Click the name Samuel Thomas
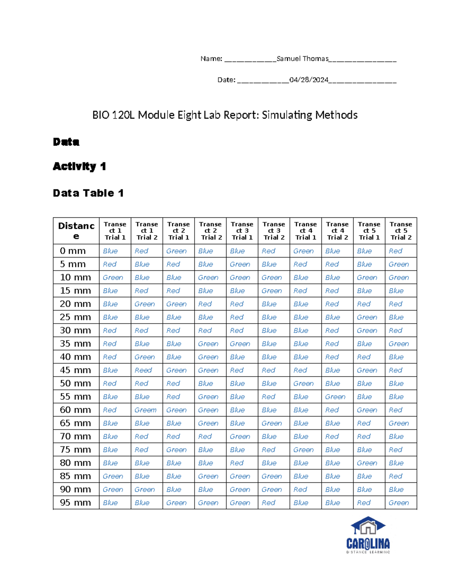(x=302, y=59)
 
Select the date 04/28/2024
(x=309, y=80)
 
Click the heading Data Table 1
(x=88, y=193)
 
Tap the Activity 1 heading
(x=79, y=166)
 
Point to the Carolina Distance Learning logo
(x=368, y=535)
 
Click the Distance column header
(x=76, y=230)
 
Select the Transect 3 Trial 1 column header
(x=242, y=230)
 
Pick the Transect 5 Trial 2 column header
(x=401, y=230)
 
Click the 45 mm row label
(x=75, y=370)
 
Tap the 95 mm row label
(x=75, y=503)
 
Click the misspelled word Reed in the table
(x=143, y=370)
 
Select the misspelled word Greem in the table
(x=145, y=410)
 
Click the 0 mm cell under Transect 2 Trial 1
(x=176, y=251)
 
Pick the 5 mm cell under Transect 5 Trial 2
(x=399, y=264)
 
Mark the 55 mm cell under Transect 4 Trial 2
(x=335, y=397)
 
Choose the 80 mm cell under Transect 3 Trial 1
(x=237, y=463)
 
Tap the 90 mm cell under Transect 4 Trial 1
(x=300, y=490)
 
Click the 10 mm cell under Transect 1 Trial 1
(x=113, y=277)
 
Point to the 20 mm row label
(x=75, y=304)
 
